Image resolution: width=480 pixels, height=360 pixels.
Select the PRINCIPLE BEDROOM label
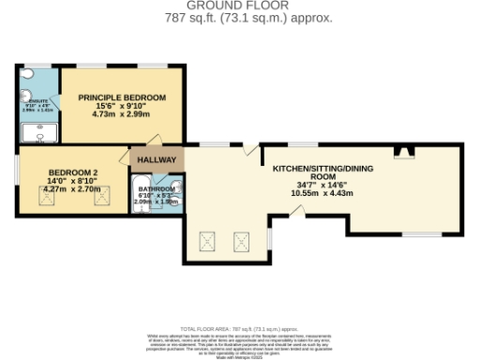122,97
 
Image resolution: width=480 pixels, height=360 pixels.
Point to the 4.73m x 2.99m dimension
122,117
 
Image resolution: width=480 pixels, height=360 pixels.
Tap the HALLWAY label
157,160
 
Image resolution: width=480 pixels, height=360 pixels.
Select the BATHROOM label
157,186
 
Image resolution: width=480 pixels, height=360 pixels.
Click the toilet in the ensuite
28,73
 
